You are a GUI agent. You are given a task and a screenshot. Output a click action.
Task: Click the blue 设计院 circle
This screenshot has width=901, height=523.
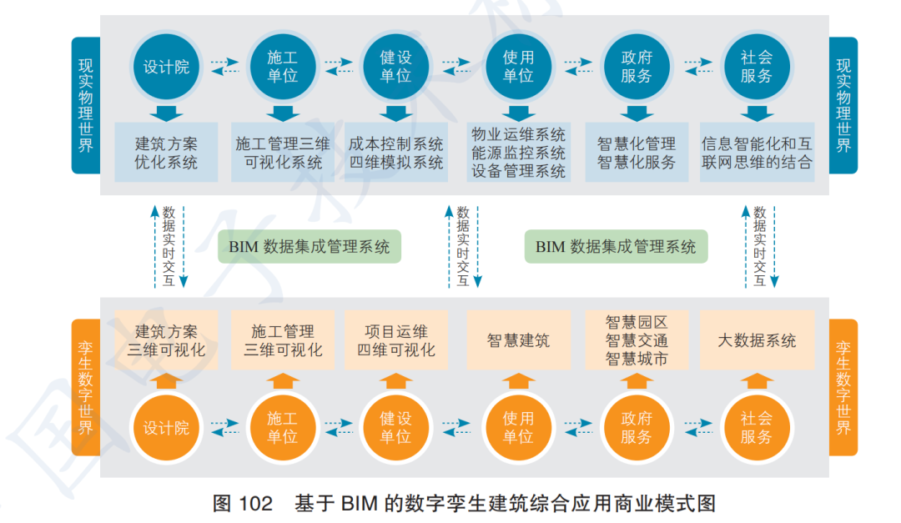166,67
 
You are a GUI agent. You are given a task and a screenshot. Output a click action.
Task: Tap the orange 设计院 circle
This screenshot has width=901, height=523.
166,428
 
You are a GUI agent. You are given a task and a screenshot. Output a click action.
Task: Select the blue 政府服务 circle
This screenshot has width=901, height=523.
637,67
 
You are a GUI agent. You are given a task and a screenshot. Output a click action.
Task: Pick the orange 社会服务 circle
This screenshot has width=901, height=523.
756,428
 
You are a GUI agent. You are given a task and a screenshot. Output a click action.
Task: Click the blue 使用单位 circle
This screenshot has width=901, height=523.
518,67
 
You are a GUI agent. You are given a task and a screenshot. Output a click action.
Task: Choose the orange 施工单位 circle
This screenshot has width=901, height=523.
282,428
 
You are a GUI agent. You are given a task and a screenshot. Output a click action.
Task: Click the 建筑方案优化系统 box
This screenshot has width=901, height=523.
166,153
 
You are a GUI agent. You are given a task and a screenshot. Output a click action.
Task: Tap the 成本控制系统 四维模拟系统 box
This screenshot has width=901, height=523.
396,153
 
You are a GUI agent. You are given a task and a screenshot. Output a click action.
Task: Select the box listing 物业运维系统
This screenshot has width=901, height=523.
518,153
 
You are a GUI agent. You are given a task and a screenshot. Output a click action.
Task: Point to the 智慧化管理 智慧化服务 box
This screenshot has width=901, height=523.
637,153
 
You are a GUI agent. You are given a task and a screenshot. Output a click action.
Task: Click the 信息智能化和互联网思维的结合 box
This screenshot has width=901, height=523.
757,153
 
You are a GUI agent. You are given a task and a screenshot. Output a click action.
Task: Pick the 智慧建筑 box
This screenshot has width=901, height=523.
518,340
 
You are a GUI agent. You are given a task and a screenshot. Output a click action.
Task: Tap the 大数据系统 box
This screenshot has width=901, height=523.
757,340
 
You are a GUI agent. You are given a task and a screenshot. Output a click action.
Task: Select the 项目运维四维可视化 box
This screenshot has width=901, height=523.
396,340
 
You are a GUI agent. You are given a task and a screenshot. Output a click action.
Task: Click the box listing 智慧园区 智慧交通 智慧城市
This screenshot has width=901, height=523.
637,340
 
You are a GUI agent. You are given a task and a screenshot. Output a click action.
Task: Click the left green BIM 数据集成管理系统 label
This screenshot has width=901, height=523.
310,247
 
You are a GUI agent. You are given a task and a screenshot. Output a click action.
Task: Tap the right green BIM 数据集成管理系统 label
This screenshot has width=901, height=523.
616,247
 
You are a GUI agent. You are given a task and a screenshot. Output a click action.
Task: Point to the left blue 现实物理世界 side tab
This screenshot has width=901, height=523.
85,105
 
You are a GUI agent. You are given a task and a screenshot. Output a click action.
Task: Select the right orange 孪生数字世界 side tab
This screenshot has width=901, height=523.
843,387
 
